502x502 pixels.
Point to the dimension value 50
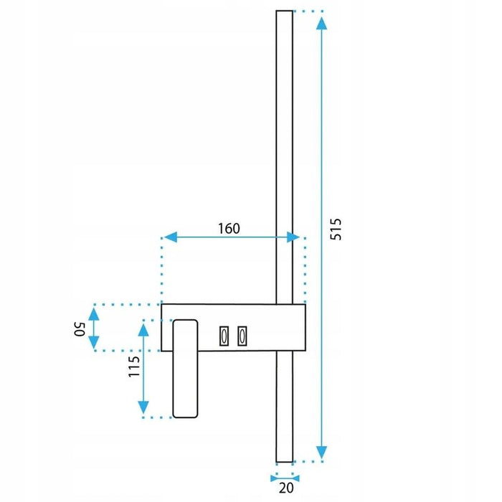point(80,329)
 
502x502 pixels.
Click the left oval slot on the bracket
point(224,335)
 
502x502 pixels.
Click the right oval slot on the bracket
point(242,335)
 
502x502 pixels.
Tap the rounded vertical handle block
point(185,369)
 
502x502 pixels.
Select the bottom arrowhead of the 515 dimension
point(321,452)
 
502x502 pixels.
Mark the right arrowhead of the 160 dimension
point(293,237)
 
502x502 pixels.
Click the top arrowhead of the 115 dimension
point(144,330)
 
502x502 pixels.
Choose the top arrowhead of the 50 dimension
point(94,313)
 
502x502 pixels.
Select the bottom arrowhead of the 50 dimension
point(94,343)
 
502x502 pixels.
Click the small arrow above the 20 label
point(286,476)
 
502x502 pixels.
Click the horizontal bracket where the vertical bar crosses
point(284,327)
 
